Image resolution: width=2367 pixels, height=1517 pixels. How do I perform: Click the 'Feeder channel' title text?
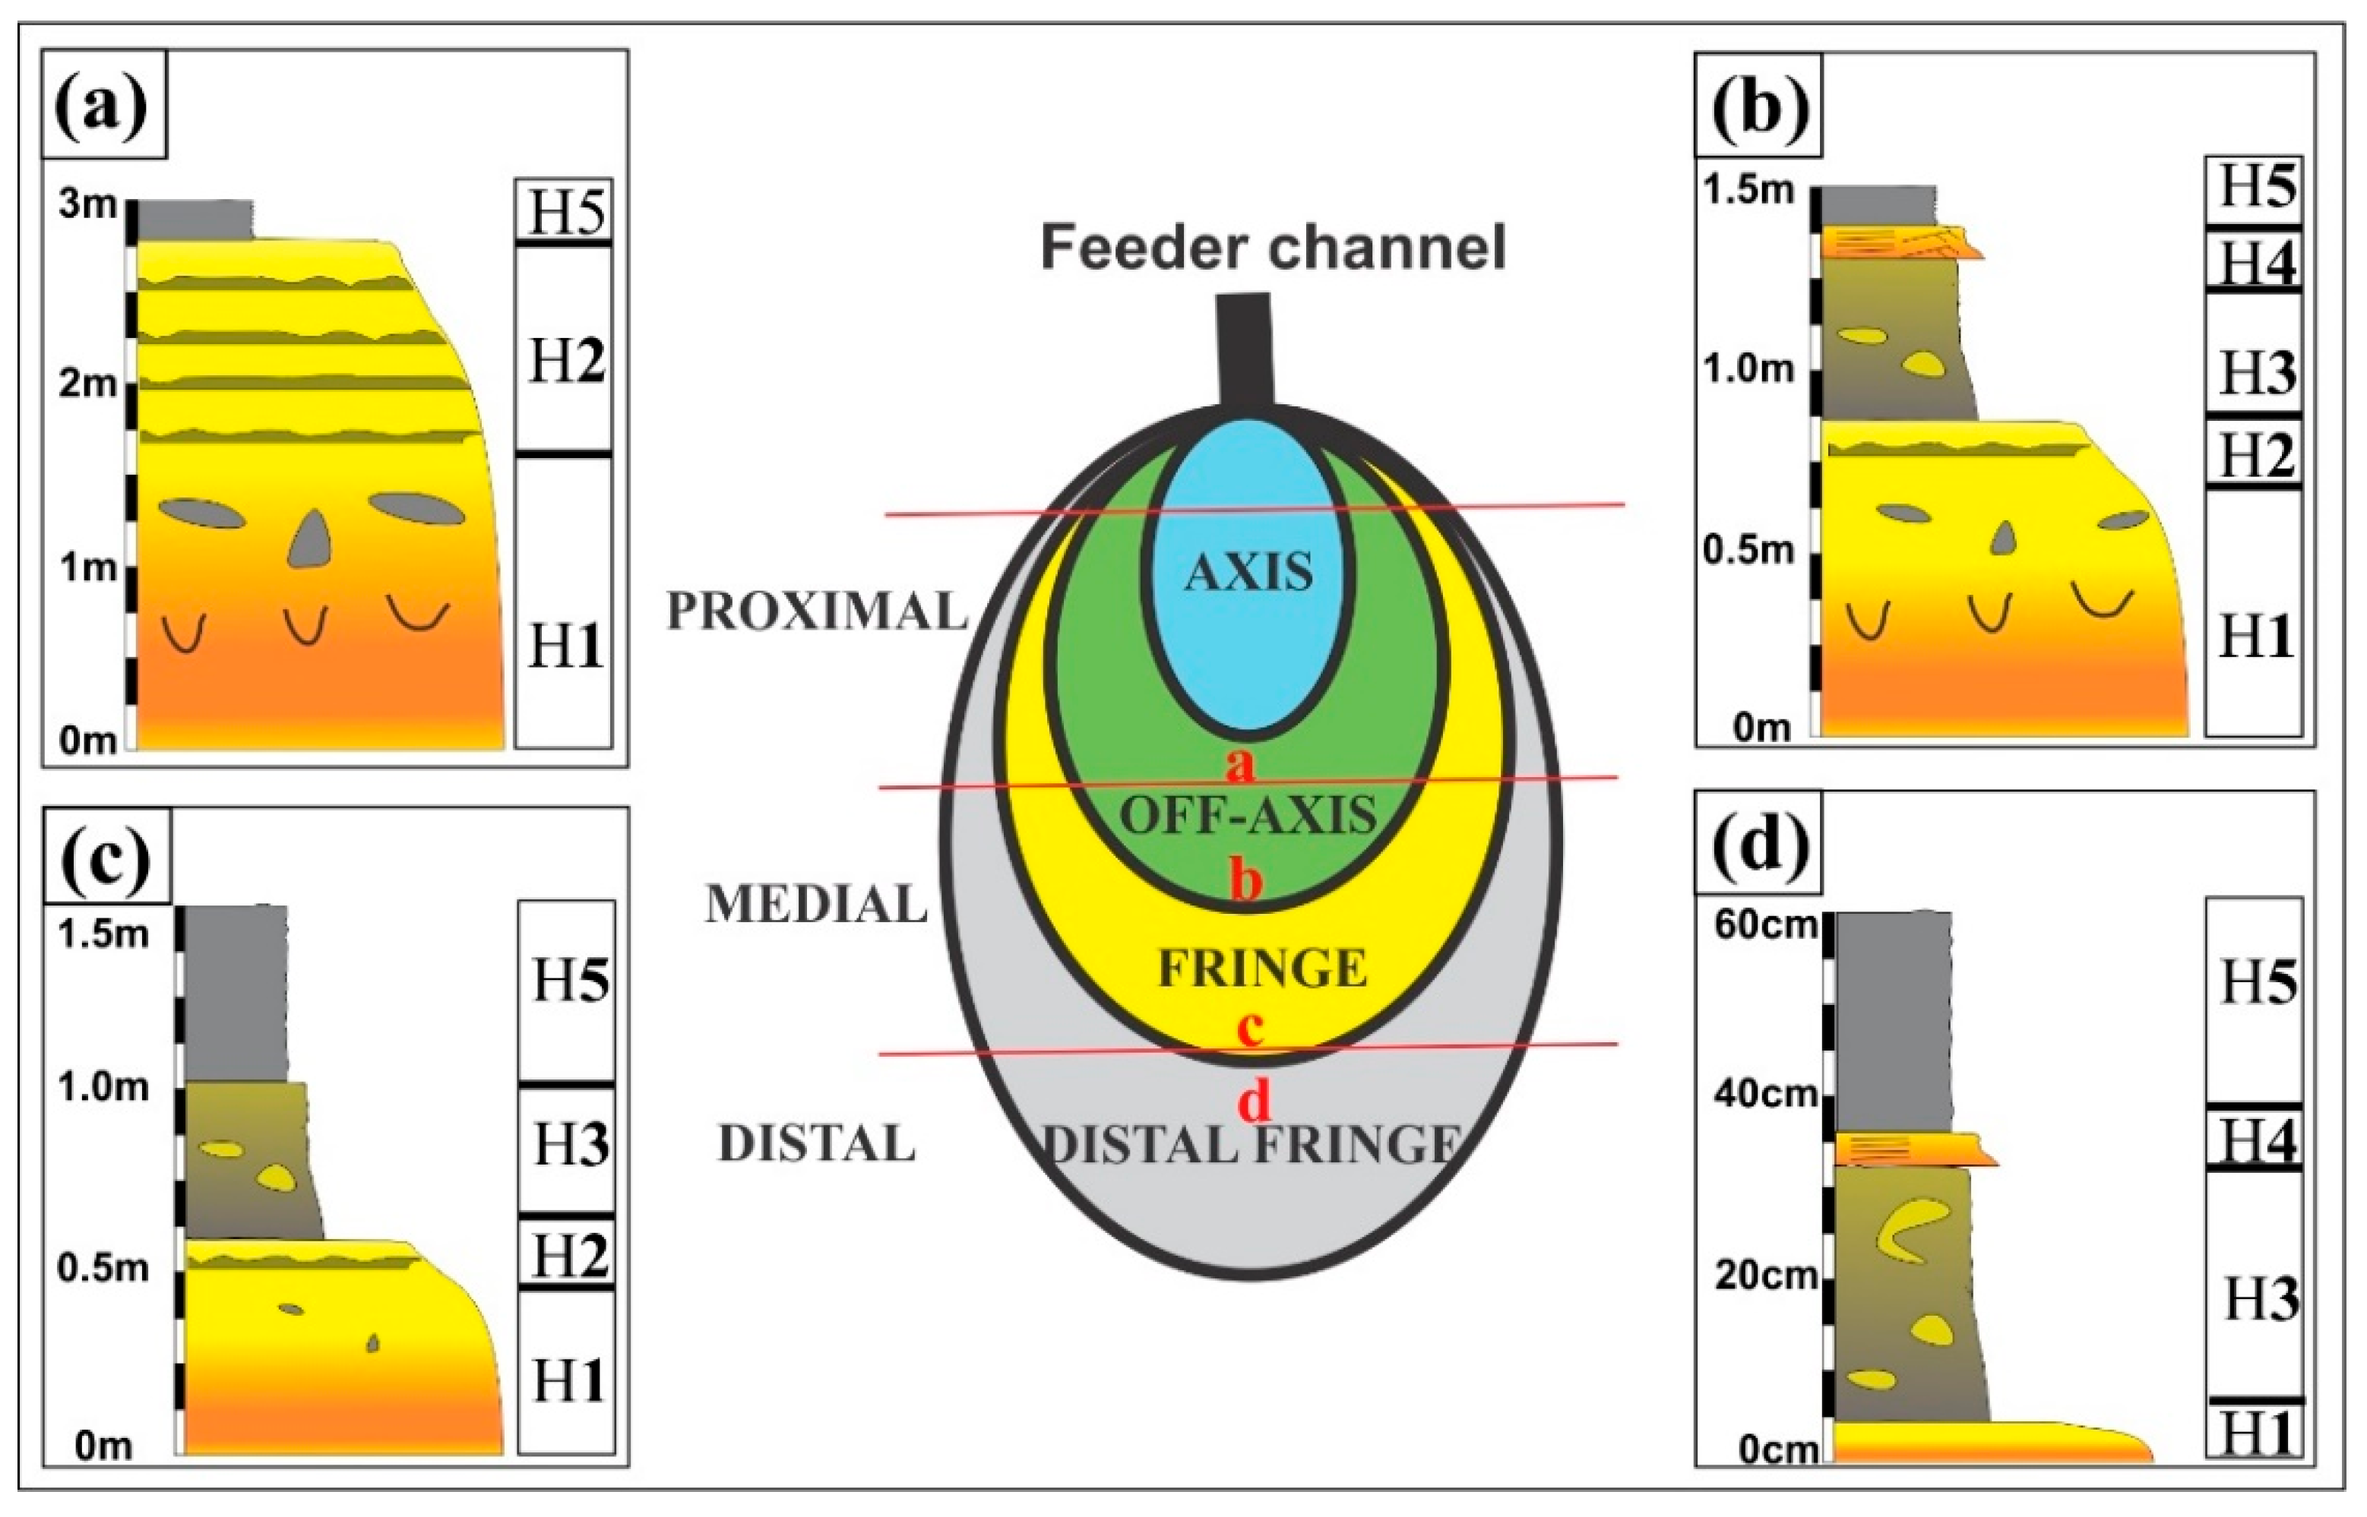click(x=1274, y=247)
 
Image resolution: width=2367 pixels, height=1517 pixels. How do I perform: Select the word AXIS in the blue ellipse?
click(x=1248, y=571)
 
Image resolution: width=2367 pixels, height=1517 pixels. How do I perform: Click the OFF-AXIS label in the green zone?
click(x=1248, y=816)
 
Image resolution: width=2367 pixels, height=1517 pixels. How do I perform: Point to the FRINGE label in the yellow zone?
click(x=1262, y=969)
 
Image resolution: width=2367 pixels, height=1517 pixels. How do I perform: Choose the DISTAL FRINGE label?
click(x=1251, y=1145)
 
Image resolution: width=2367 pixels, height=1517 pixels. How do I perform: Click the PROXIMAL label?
click(x=817, y=612)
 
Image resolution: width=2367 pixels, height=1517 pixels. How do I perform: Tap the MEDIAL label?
click(x=816, y=904)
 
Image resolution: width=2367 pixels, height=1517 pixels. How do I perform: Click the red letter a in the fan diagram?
click(x=1241, y=763)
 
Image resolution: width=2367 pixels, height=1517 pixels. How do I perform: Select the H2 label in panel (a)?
click(x=565, y=361)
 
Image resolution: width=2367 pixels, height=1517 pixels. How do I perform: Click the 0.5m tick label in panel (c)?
click(x=103, y=1268)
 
